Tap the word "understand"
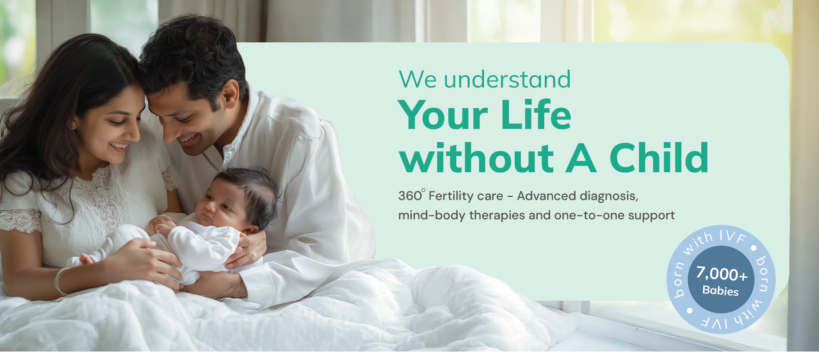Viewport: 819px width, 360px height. point(507,79)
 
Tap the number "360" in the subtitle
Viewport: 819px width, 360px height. point(410,196)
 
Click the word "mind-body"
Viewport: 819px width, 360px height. point(431,216)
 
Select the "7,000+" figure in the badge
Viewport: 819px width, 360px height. point(721,273)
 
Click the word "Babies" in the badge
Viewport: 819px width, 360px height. point(720,291)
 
